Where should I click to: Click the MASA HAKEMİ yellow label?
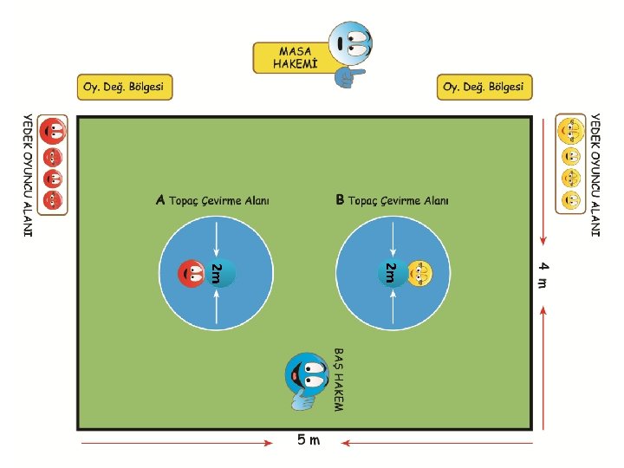292,57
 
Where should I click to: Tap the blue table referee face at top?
352,42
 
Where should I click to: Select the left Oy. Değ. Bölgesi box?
125,87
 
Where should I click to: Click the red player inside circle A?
192,273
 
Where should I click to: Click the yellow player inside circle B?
419,273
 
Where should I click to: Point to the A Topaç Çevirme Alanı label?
212,201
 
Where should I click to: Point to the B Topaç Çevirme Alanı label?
393,201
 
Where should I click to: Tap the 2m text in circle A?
217,272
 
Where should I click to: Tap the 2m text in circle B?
391,272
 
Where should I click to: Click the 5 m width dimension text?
309,440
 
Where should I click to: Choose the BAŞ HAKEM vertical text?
338,380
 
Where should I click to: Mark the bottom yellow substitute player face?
569,200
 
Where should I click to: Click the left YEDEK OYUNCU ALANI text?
27,173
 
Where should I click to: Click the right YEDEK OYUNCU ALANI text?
595,173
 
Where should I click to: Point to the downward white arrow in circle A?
216,236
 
